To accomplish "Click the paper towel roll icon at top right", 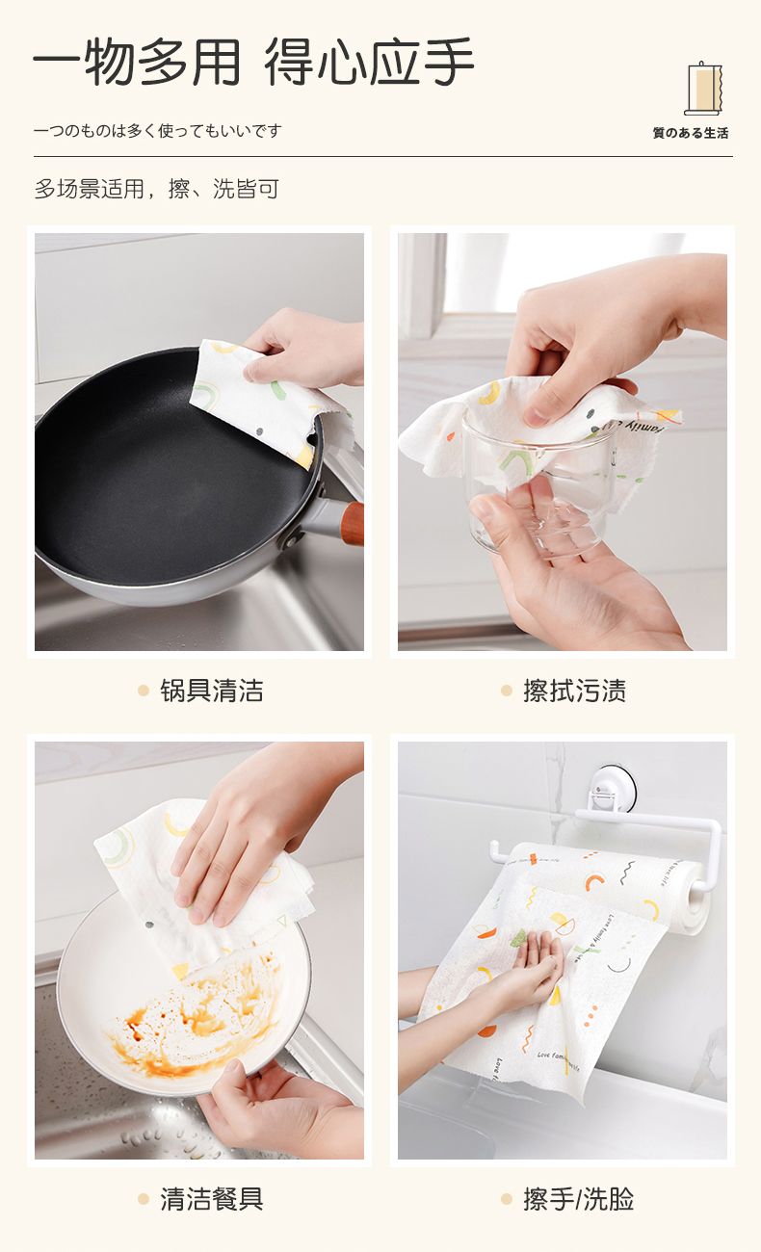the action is pyautogui.click(x=703, y=89).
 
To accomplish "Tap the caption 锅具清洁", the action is pyautogui.click(x=211, y=691).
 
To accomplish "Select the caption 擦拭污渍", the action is pyautogui.click(x=574, y=691).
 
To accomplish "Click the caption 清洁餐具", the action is pyautogui.click(x=211, y=1199).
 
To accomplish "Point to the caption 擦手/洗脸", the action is pyautogui.click(x=578, y=1199).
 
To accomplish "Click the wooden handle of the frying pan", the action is pyautogui.click(x=354, y=523).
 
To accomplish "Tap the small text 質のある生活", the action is pyautogui.click(x=691, y=133).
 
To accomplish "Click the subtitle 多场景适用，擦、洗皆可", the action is pyautogui.click(x=157, y=189).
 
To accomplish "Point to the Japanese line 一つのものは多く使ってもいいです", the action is pyautogui.click(x=157, y=131).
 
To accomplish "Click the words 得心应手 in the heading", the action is pyautogui.click(x=369, y=62).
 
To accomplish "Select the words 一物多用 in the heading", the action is pyautogui.click(x=138, y=62).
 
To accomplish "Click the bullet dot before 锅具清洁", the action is pyautogui.click(x=144, y=691).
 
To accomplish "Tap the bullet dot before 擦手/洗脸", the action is pyautogui.click(x=507, y=1199).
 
